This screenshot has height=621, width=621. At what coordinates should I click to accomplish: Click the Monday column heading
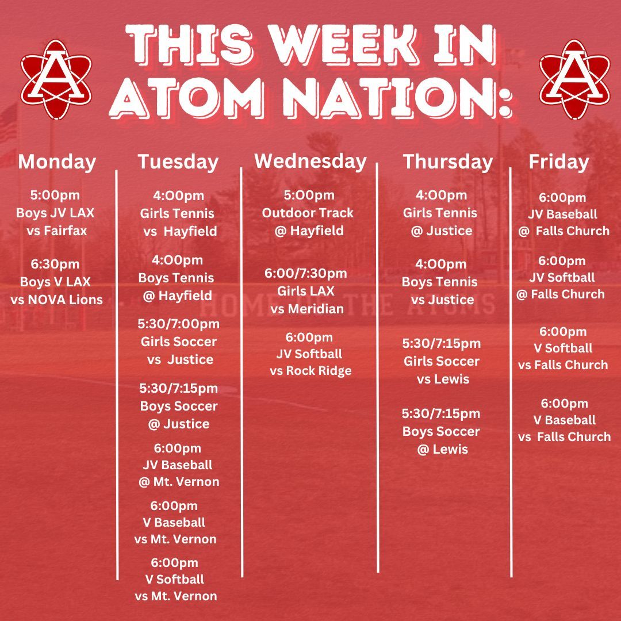[x=57, y=162]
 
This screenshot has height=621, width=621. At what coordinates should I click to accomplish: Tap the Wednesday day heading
[x=310, y=162]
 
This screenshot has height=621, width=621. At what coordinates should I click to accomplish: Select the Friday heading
[x=559, y=162]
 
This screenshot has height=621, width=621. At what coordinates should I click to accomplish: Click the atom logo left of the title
[x=56, y=79]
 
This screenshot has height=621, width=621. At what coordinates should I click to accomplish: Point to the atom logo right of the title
[x=574, y=79]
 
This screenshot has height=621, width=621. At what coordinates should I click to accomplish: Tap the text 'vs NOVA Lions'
[x=56, y=300]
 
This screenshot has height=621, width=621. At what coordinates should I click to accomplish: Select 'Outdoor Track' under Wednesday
[x=308, y=213]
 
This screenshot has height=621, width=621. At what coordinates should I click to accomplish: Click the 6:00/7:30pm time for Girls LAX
[x=306, y=273]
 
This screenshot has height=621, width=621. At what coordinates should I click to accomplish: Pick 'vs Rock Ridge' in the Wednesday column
[x=310, y=371]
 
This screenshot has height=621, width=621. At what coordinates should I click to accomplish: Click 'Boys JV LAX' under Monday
[x=55, y=213]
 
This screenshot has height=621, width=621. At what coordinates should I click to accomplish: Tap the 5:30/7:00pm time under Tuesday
[x=178, y=324]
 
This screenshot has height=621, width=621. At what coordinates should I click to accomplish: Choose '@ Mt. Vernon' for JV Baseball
[x=179, y=482]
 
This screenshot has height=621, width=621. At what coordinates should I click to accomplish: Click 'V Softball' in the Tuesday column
[x=175, y=579]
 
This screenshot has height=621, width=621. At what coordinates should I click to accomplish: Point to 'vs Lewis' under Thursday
[x=443, y=379]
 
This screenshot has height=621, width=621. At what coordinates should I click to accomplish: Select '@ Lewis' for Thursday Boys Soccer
[x=443, y=449]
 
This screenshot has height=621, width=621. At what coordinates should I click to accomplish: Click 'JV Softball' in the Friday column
[x=562, y=277]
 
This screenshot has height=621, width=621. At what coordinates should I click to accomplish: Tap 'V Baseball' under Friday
[x=565, y=420]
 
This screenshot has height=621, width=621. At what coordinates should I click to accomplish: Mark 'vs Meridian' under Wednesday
[x=307, y=309]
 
